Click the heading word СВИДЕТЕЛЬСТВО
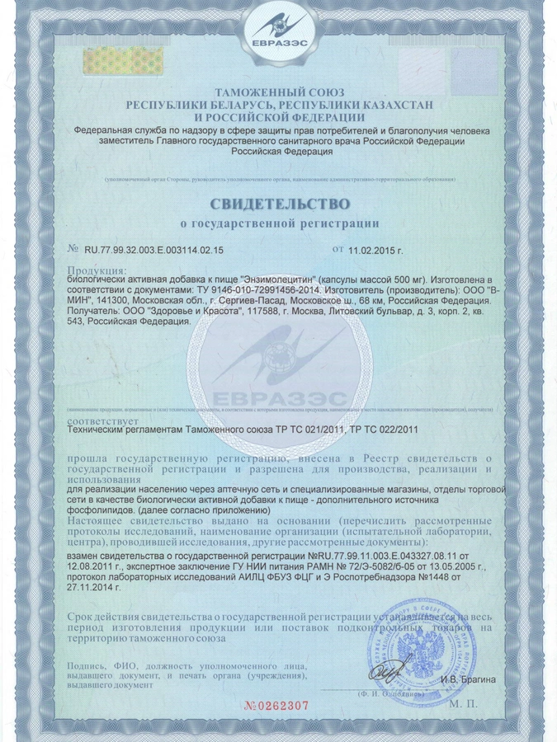(279, 202)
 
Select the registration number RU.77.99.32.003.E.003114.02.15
(153, 248)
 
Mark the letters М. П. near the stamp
(465, 706)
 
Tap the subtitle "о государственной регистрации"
(279, 223)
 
